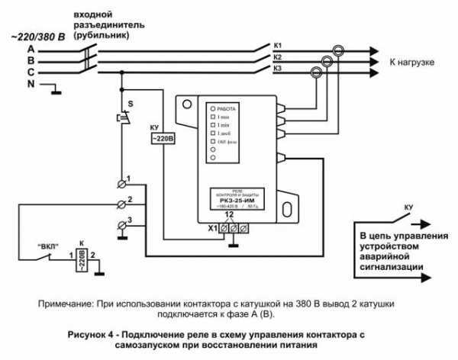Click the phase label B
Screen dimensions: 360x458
[10, 61]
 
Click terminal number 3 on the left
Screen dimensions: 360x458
[130, 220]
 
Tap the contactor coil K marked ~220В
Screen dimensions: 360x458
[80, 259]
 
